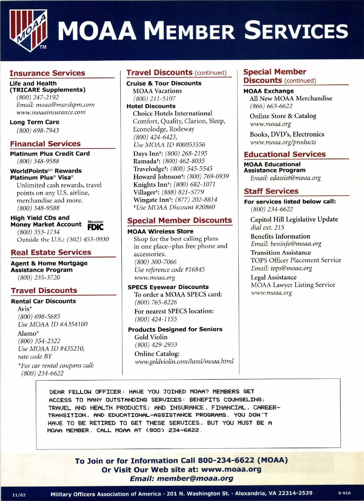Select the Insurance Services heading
(x=47, y=73)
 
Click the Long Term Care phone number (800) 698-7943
(x=38, y=130)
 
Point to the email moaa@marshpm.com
(x=65, y=105)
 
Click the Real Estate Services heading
(x=51, y=252)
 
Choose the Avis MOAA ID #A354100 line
(x=53, y=324)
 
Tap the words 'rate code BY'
(x=35, y=357)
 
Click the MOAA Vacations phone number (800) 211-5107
(x=154, y=99)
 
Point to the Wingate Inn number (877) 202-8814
(x=196, y=200)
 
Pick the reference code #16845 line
(x=170, y=270)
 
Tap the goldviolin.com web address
(x=184, y=361)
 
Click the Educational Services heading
(x=285, y=154)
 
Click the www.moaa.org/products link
(x=283, y=142)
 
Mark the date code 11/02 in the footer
(x=19, y=495)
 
